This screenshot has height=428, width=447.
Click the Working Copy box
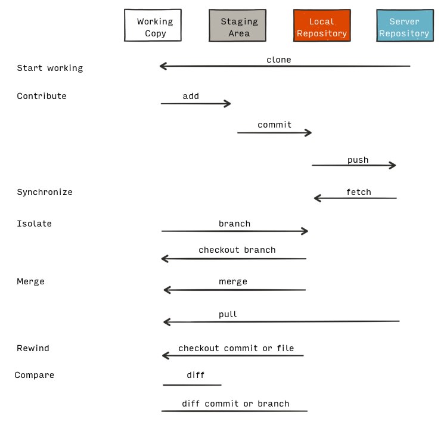pyautogui.click(x=153, y=25)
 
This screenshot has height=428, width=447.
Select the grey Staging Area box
pyautogui.click(x=237, y=25)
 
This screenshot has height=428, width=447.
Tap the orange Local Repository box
pyautogui.click(x=322, y=25)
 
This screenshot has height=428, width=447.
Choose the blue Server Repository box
pyautogui.click(x=405, y=25)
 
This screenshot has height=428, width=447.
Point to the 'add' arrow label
pyautogui.click(x=191, y=96)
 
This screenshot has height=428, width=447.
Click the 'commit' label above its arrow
pyautogui.click(x=275, y=125)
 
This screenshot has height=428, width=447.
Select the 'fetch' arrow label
pyautogui.click(x=359, y=192)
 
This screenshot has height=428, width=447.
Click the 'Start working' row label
pyautogui.click(x=50, y=68)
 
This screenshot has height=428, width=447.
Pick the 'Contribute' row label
pyautogui.click(x=42, y=96)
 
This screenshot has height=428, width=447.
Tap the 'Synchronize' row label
pyautogui.click(x=45, y=192)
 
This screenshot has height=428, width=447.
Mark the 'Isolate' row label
pyautogui.click(x=34, y=224)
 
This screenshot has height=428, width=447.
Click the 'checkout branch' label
pyautogui.click(x=237, y=250)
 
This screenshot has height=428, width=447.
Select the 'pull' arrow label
pyautogui.click(x=228, y=314)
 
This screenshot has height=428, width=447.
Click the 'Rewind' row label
pyautogui.click(x=33, y=348)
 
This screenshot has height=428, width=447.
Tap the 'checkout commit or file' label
pyautogui.click(x=236, y=348)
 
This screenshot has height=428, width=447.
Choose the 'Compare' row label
pyautogui.click(x=34, y=375)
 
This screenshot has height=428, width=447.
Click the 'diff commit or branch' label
pyautogui.click(x=235, y=404)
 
